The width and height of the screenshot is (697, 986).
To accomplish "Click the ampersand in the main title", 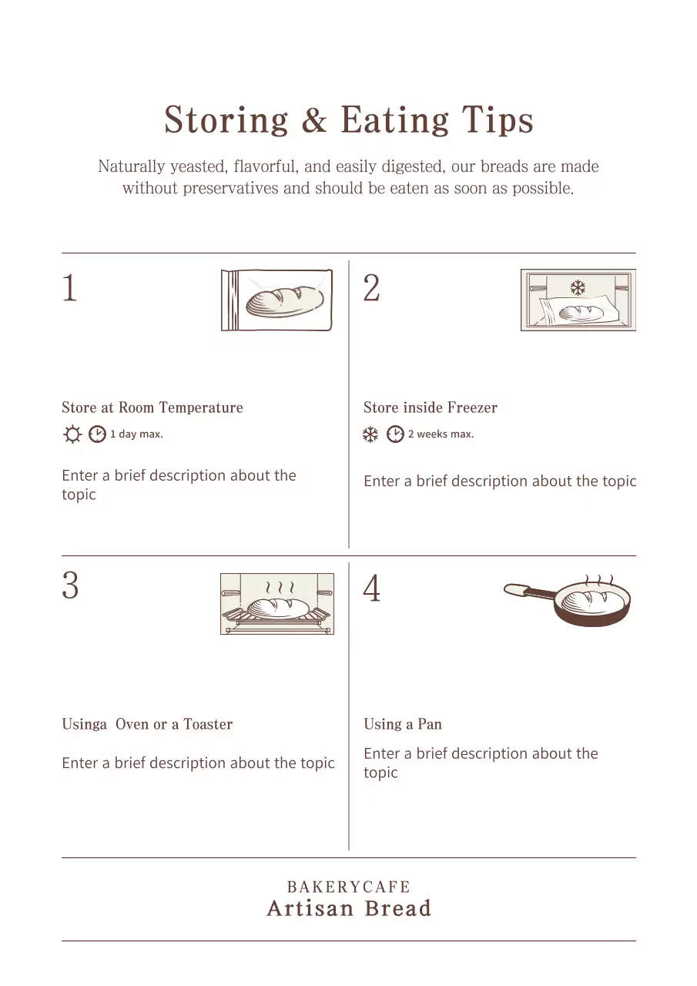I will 313,121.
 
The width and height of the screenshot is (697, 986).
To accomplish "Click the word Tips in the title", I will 498,121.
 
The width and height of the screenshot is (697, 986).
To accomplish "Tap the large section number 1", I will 69,288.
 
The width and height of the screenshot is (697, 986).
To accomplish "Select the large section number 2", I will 371,288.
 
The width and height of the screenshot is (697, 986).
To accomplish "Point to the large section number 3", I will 70,586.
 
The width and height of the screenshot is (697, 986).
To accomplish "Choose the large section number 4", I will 371,589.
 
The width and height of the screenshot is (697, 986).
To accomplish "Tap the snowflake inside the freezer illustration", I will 578,288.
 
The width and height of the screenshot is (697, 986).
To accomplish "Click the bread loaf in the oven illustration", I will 277,608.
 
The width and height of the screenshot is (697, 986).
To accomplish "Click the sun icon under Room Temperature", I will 72,434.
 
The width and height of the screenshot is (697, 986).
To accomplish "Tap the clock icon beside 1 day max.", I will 97,434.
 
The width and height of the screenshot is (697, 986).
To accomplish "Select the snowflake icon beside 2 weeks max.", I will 370,434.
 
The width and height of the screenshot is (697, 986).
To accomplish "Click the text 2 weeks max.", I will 441,434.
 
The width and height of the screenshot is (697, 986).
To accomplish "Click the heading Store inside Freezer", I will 431,407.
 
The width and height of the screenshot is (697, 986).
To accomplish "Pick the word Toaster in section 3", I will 208,724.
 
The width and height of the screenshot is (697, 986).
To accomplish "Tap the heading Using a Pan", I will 403,724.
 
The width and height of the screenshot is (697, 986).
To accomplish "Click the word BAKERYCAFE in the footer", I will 348,887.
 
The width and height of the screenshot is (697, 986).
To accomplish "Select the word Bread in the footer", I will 397,909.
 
